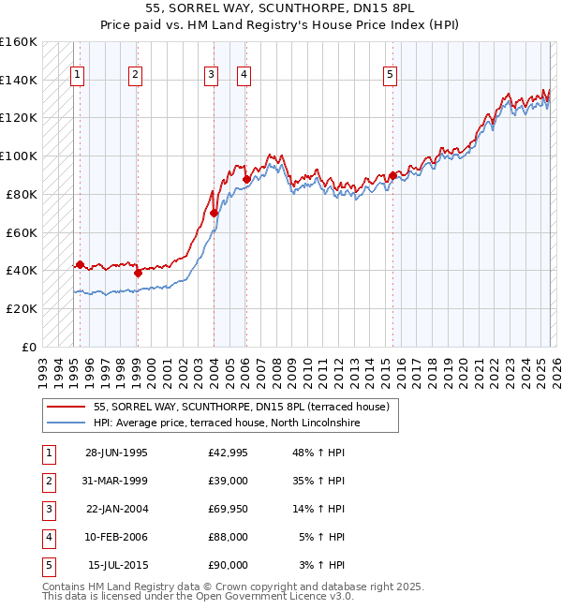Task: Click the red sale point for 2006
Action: [246, 178]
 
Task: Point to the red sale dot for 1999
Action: [138, 273]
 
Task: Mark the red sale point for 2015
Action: [392, 174]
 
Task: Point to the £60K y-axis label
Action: [22, 232]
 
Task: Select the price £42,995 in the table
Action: [229, 453]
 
